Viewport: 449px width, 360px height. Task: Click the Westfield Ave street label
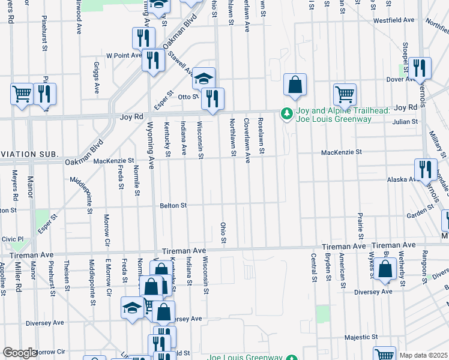(x=394, y=20)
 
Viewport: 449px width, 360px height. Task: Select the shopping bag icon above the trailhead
(x=295, y=86)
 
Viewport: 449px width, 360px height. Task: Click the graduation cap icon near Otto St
(x=203, y=78)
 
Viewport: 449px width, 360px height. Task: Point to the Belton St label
(x=173, y=206)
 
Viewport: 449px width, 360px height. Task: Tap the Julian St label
(x=404, y=122)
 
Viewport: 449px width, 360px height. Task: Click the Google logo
(x=19, y=353)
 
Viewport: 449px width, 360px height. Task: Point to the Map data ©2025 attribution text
(x=423, y=355)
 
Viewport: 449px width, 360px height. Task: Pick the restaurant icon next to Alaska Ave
(x=426, y=169)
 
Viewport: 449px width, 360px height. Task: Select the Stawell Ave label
(x=180, y=64)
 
